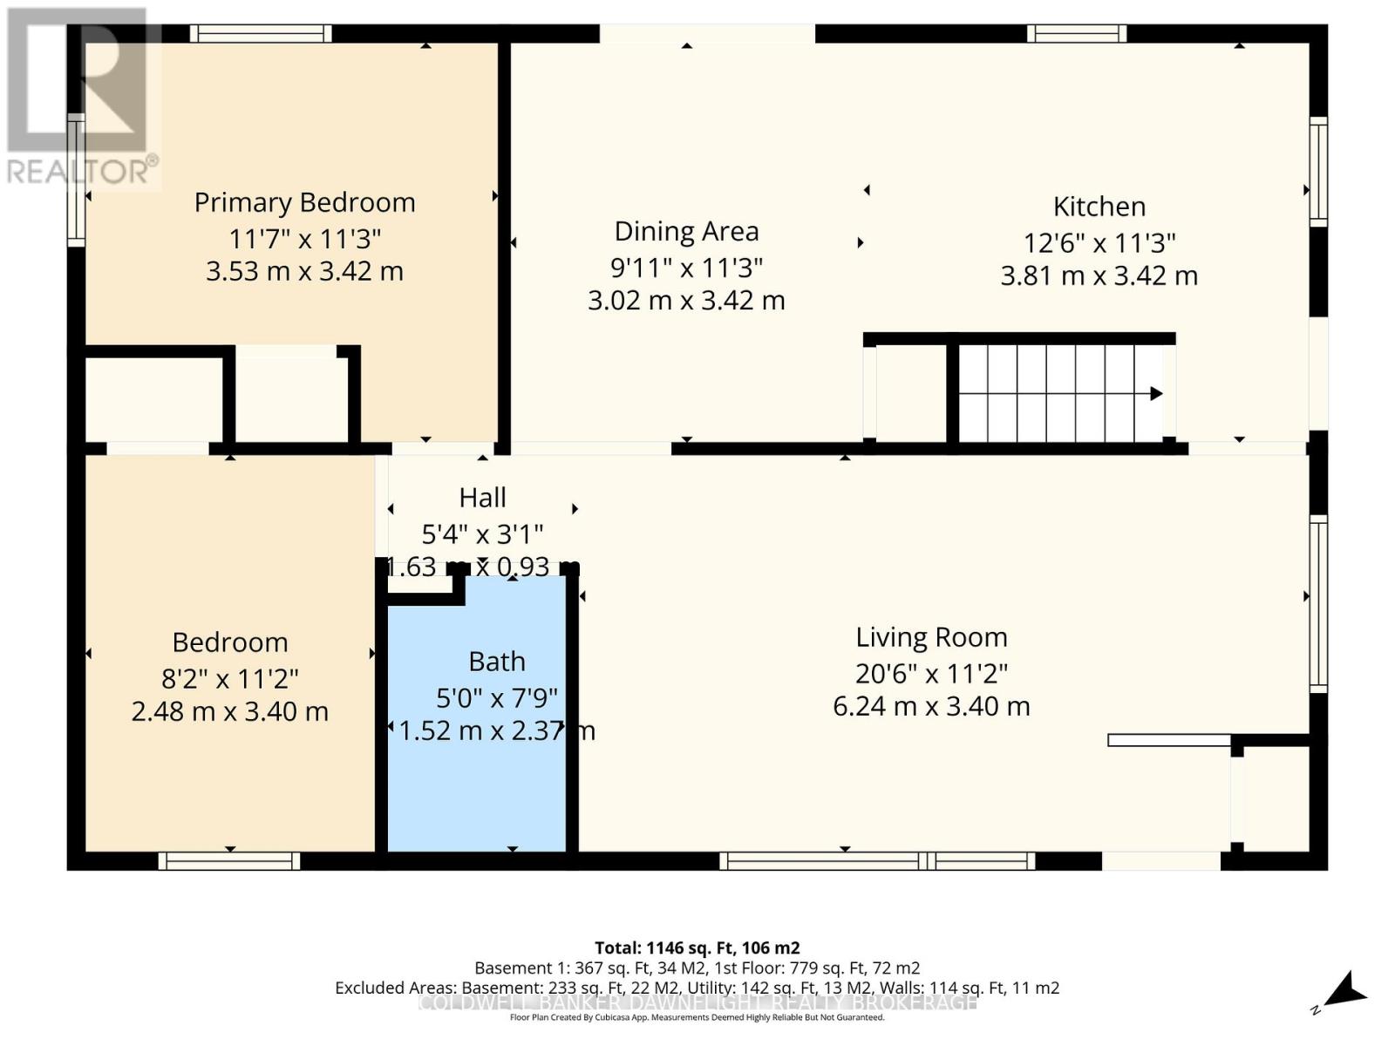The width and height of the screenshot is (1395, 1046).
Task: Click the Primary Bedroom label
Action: point(304,202)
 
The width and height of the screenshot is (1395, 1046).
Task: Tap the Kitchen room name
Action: point(1099,207)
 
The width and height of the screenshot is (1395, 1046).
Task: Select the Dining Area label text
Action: point(686,231)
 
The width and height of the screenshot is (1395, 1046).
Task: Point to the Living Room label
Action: point(931,637)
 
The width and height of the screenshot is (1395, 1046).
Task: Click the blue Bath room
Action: point(477,784)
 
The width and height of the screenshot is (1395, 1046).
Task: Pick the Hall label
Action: point(482,498)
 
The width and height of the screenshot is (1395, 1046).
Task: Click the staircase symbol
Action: point(1059,393)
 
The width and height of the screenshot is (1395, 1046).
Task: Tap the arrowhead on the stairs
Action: point(1156,393)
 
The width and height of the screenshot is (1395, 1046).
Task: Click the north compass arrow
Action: point(1345,990)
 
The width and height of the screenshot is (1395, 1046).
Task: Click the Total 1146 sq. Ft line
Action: point(697,948)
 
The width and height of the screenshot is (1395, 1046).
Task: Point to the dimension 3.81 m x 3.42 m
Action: point(1099,275)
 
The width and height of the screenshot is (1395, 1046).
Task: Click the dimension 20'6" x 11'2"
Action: point(931,673)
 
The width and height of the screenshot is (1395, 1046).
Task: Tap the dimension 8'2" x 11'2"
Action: point(230,678)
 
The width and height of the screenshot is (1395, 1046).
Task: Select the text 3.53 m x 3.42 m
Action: point(304,271)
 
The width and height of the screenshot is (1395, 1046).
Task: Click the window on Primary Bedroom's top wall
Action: point(261,34)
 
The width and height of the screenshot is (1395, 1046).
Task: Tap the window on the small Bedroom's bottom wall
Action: point(229,861)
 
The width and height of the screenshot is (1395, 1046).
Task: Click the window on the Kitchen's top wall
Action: point(1076,34)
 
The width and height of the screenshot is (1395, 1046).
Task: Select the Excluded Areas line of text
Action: point(697,988)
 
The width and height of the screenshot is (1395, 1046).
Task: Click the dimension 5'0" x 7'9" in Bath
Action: point(496,697)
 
